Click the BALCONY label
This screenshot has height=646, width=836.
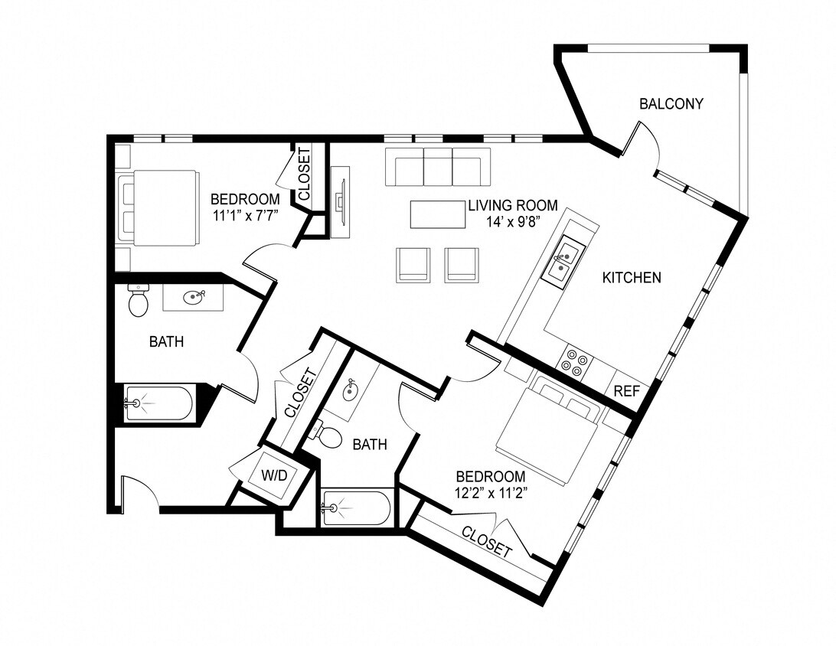tap(671, 103)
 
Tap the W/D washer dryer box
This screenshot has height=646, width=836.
tap(274, 475)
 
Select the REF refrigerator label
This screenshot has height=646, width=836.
tap(626, 390)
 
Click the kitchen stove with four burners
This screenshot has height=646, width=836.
tap(575, 361)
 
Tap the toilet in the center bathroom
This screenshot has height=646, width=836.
tap(328, 436)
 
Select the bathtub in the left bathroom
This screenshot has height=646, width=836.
tap(159, 403)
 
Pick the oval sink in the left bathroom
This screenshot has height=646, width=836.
tap(193, 297)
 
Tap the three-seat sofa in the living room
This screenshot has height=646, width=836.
tap(438, 167)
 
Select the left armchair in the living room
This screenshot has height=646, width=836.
tap(413, 265)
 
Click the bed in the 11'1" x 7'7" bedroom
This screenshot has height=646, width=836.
tap(158, 207)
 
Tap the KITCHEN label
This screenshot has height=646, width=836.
tap(632, 278)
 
